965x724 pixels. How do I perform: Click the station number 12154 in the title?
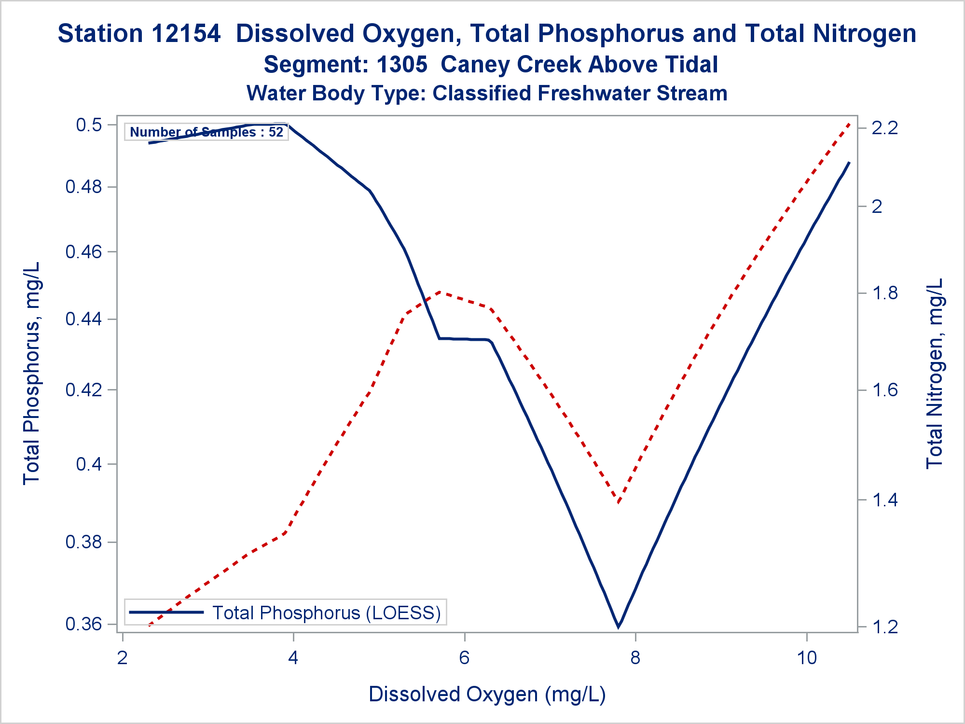186,34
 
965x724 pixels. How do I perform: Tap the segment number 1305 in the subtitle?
402,65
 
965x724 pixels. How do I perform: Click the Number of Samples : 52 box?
207,132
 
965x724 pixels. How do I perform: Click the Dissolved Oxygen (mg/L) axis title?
487,694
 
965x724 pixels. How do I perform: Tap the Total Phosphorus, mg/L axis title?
32,373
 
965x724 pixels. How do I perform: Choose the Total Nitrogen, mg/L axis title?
934,373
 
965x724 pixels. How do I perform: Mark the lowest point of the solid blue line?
618,627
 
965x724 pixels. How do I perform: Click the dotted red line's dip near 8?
618,502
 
